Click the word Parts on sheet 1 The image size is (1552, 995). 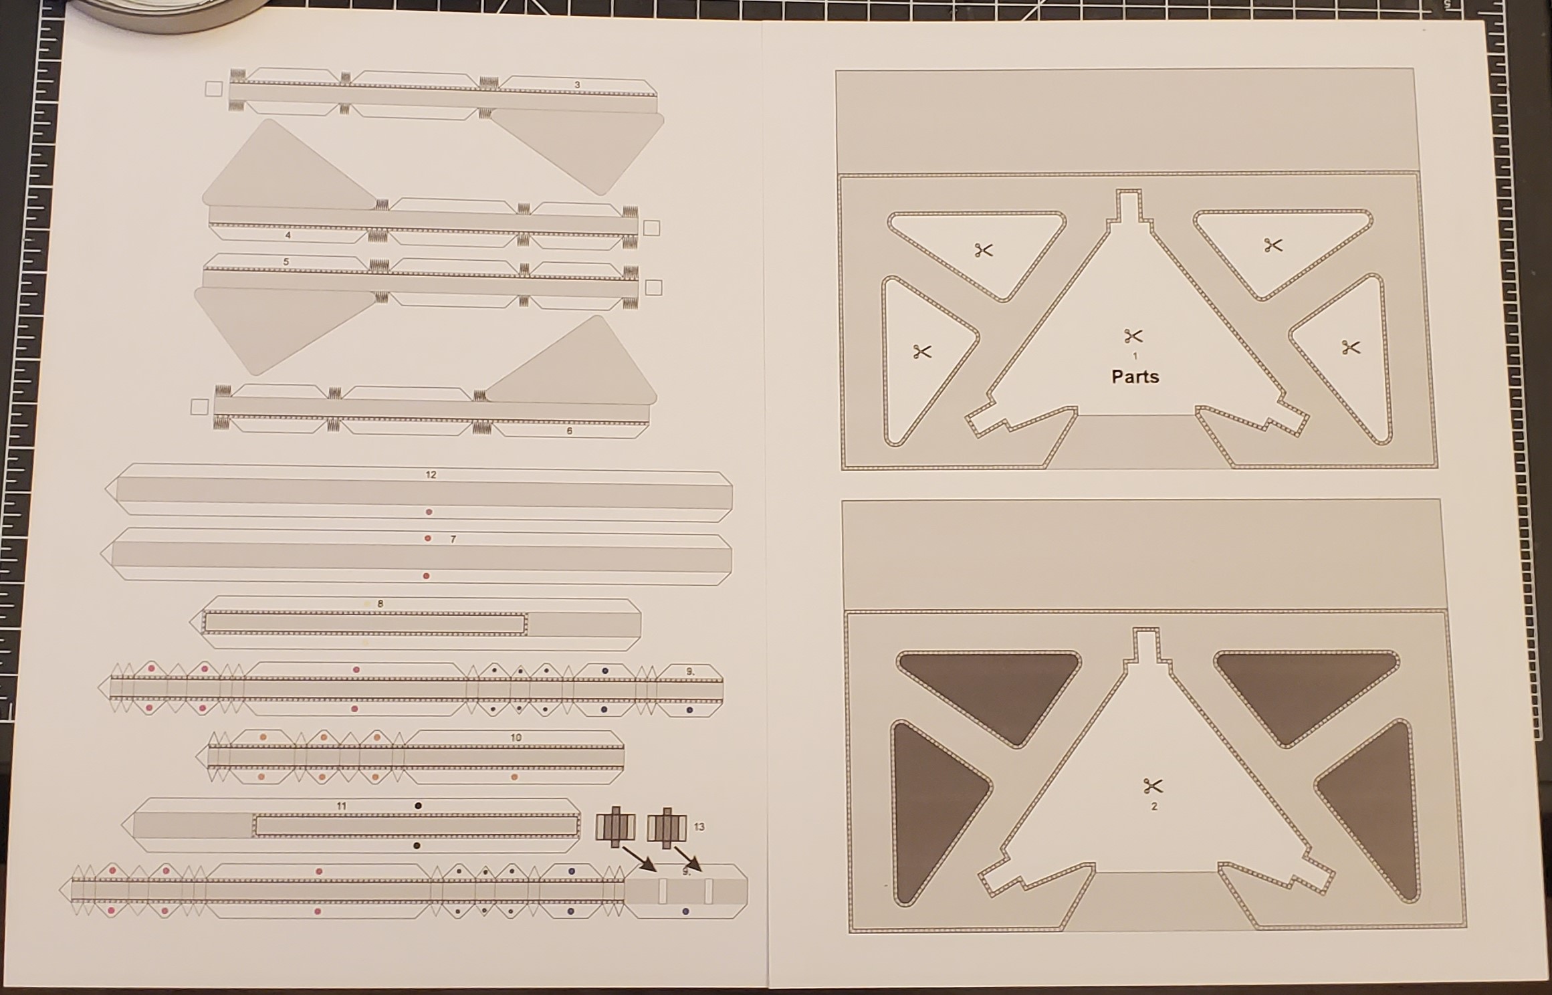[x=1135, y=376]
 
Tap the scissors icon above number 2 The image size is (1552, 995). [x=1153, y=786]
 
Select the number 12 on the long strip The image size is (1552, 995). [x=431, y=475]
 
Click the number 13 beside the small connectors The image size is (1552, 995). [x=699, y=827]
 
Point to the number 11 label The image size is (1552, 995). [x=342, y=806]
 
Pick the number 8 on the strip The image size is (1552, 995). [x=380, y=604]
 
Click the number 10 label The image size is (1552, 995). [x=516, y=738]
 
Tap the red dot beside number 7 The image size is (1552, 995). [x=428, y=538]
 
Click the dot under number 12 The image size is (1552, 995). [x=429, y=512]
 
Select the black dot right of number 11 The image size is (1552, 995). [x=418, y=806]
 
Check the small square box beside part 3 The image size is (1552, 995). [x=213, y=89]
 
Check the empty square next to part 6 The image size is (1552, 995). [x=199, y=407]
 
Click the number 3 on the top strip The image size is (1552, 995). [x=578, y=85]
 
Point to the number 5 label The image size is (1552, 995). [x=286, y=261]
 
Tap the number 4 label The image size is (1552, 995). [x=288, y=235]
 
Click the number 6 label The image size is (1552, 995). [x=570, y=431]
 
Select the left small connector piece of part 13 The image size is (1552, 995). [x=615, y=827]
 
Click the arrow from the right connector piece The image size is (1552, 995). [x=687, y=859]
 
